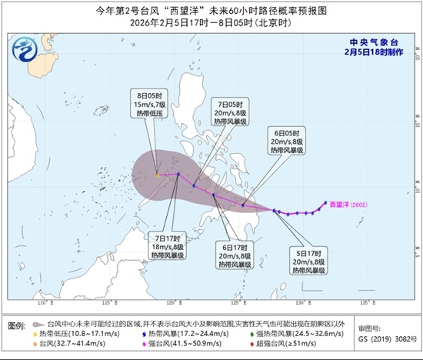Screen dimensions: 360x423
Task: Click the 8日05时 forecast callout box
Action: (x=150, y=103)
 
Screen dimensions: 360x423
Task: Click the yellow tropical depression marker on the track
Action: (x=158, y=175)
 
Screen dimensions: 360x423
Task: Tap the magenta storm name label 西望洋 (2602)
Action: (x=350, y=205)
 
